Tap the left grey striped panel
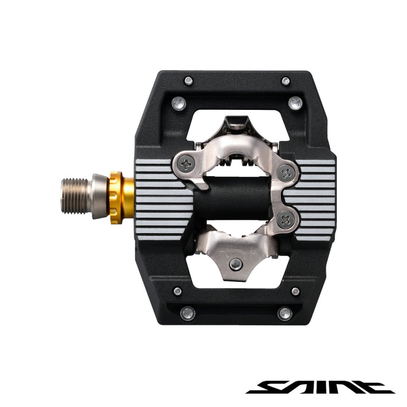tap(162, 198)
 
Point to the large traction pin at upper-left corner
tap(178, 103)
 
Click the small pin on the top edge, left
tap(188, 80)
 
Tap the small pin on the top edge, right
tap(285, 80)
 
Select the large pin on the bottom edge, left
tap(188, 313)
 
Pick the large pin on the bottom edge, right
tap(285, 313)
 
